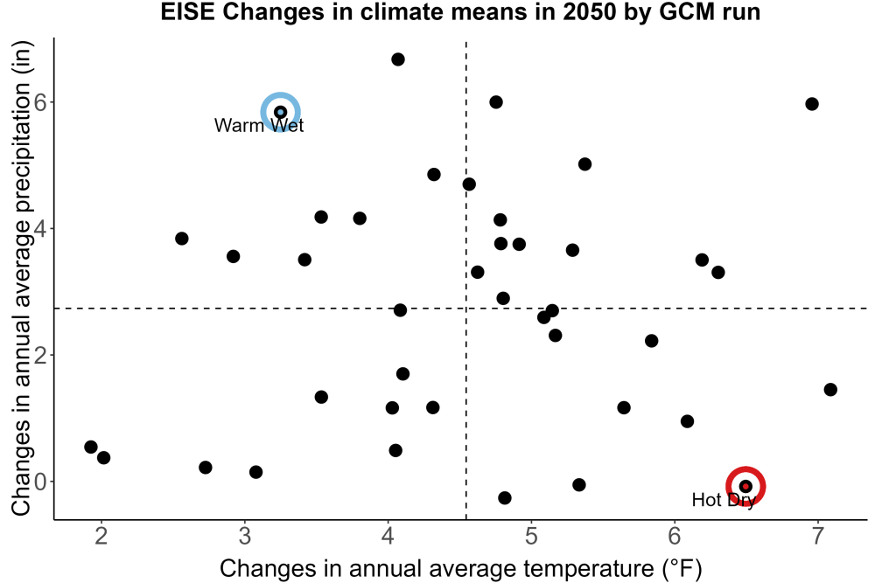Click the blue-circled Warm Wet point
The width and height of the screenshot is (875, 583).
[281, 112]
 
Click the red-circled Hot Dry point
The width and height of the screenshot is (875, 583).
[745, 486]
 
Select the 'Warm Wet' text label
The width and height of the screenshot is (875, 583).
[259, 125]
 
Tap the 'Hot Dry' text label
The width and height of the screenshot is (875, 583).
[724, 500]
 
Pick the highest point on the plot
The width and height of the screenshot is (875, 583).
[398, 59]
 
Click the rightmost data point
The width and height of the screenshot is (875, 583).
[830, 390]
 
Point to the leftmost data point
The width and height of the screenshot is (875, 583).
[91, 447]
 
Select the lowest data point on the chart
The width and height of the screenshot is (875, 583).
[505, 497]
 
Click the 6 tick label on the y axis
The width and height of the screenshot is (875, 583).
[41, 102]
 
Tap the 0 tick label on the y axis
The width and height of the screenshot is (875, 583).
[41, 482]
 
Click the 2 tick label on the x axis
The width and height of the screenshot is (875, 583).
[101, 536]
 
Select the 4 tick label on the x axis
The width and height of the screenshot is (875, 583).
[388, 536]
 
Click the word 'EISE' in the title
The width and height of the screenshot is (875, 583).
[188, 12]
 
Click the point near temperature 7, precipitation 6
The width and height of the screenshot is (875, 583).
[812, 104]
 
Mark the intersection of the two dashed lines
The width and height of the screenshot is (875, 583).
[466, 309]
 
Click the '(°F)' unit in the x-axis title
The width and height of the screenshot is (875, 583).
[682, 569]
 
